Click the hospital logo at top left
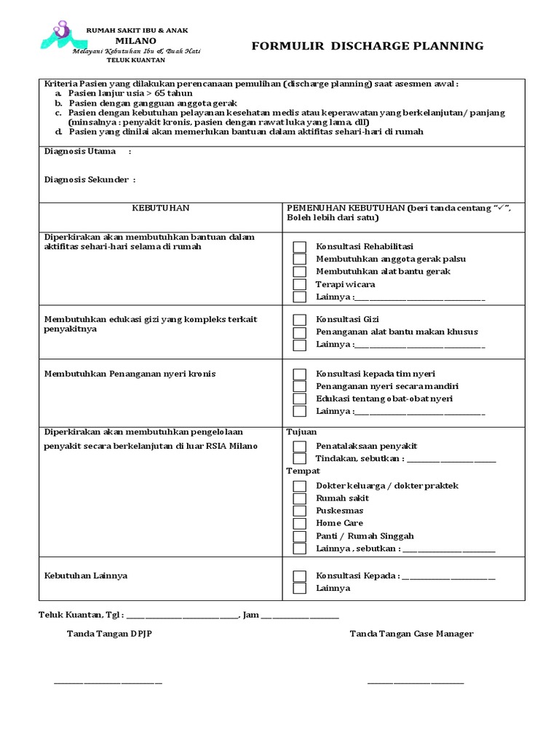pos(60,36)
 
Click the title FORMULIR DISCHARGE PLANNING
pos(368,46)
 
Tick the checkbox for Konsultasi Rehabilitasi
pos(299,246)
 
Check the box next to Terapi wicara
pos(299,284)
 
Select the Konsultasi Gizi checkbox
pos(299,319)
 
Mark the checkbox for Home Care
pos(299,523)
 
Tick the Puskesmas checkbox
pos(299,511)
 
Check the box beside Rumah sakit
pos(299,498)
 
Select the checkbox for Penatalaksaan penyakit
pos(299,446)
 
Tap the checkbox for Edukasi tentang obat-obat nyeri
pos(299,398)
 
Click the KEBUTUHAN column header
pos(160,208)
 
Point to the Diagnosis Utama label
pos(80,152)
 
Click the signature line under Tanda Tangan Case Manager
pos(415,683)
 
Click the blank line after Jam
pos(300,616)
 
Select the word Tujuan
pos(301,431)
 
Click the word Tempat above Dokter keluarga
pos(303,471)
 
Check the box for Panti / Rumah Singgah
pos(299,535)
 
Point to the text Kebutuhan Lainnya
pos(86,576)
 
